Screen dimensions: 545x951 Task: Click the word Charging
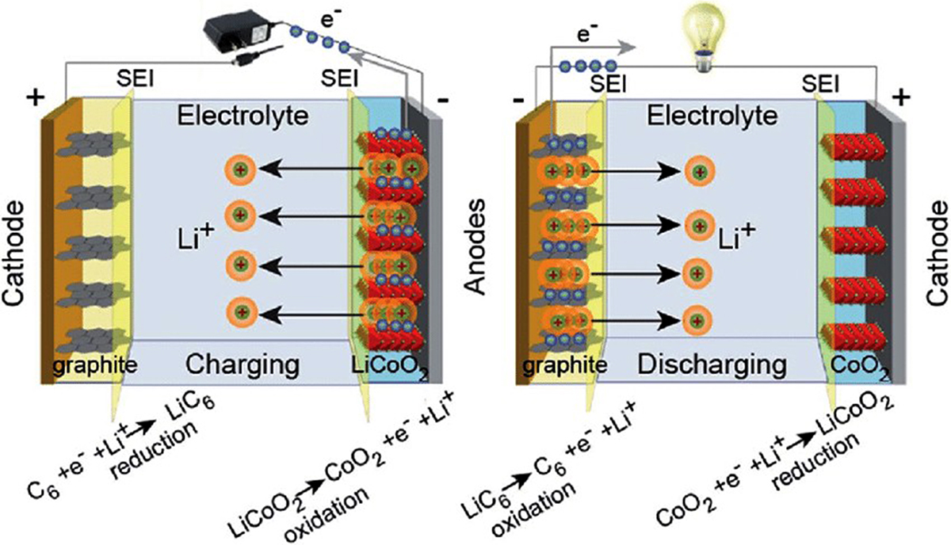tap(243, 366)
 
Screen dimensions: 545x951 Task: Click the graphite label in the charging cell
tap(96, 366)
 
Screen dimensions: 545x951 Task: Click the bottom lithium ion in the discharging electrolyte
tap(695, 320)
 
